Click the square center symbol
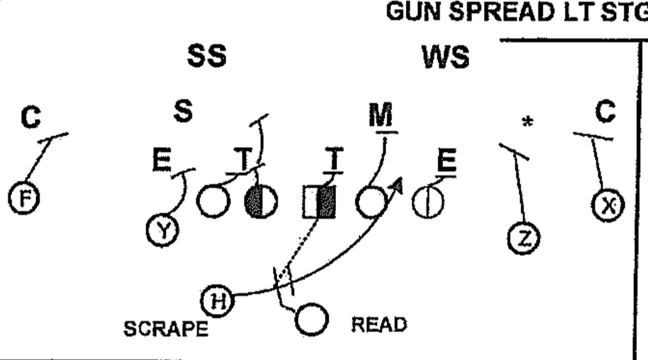(319, 202)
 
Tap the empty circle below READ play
(313, 320)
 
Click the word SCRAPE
(165, 329)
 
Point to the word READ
(379, 324)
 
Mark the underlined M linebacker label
(382, 116)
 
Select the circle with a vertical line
(426, 202)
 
